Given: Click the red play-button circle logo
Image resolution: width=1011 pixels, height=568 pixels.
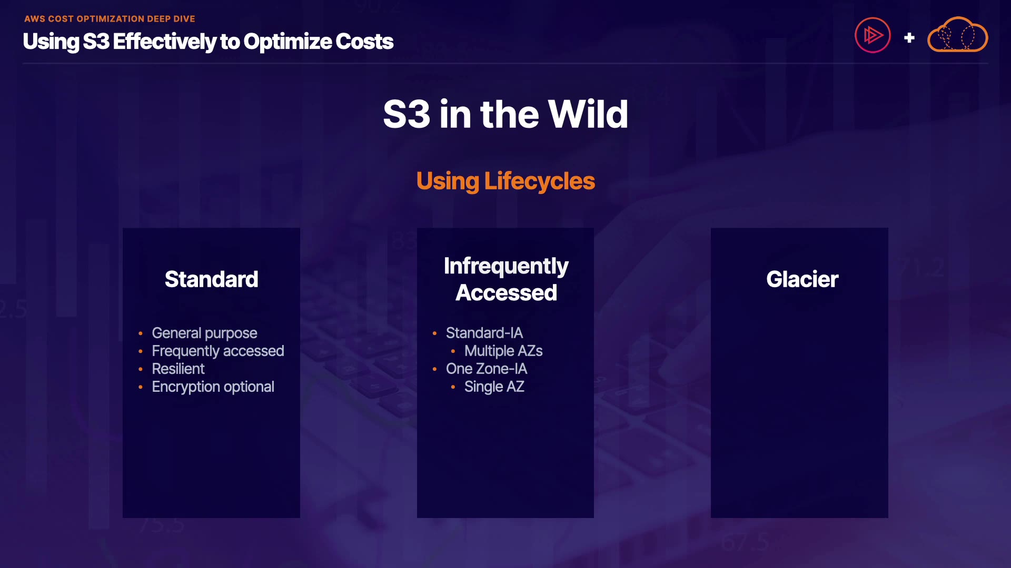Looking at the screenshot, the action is click(x=873, y=35).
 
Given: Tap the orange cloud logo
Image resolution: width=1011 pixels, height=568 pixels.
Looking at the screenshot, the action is click(x=957, y=35).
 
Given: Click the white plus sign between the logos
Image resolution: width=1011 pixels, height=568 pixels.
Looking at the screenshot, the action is click(x=909, y=38).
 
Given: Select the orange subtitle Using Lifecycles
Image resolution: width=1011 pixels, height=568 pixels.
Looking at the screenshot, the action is click(x=506, y=181).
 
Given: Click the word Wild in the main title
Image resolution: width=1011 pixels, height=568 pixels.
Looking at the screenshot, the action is click(x=588, y=114).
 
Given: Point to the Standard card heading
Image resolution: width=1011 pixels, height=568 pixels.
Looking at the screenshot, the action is click(x=212, y=279).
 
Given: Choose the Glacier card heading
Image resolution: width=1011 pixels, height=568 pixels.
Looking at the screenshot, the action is click(x=802, y=279).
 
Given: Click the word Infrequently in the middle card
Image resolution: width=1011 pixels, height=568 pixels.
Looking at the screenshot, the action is click(x=506, y=267).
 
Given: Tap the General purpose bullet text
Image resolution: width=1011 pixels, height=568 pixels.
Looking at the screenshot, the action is click(x=204, y=333).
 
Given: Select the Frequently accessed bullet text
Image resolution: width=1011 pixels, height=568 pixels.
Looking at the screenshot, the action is click(x=218, y=351).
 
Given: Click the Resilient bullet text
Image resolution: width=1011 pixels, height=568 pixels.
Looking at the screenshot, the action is click(x=178, y=369).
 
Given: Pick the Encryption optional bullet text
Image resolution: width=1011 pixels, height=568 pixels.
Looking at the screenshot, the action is click(x=213, y=387).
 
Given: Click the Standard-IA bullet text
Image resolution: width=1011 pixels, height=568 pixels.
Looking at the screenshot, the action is click(x=484, y=333).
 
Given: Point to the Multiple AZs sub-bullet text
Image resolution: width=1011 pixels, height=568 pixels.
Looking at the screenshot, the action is click(x=503, y=351).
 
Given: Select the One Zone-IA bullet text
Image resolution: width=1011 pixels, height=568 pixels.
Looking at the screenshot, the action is click(x=487, y=369).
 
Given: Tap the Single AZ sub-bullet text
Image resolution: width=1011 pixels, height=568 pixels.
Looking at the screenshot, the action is click(x=494, y=387).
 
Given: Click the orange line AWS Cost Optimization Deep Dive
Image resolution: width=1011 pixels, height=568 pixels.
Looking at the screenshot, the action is click(x=110, y=19).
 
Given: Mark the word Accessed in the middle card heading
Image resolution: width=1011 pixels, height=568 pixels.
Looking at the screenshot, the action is click(x=506, y=293).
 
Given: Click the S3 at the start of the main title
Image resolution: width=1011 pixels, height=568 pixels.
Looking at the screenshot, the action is click(x=407, y=114).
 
